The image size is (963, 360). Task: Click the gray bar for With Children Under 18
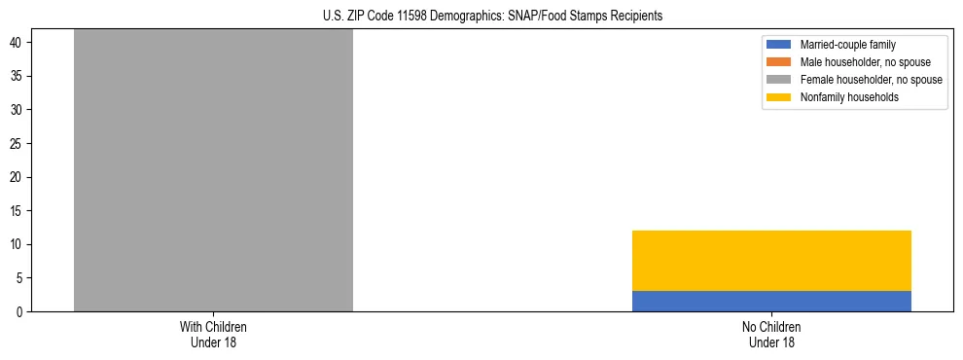pyautogui.click(x=213, y=170)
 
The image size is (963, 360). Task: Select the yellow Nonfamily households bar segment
pyautogui.click(x=771, y=260)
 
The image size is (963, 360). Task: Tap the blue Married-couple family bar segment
pyautogui.click(x=771, y=301)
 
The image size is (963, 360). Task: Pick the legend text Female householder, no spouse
pyautogui.click(x=871, y=80)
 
